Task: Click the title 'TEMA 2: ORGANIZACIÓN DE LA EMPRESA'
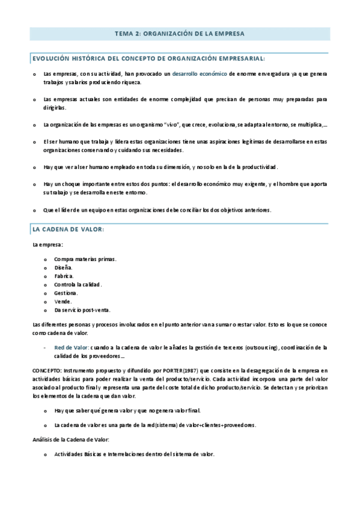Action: click(180, 34)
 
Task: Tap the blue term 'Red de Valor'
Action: click(71, 348)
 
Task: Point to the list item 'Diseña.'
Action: click(63, 268)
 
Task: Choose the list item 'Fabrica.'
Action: click(64, 276)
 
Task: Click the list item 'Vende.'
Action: click(63, 301)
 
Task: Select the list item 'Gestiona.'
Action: click(66, 293)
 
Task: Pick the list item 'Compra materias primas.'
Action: click(85, 259)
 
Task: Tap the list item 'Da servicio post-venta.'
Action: click(82, 310)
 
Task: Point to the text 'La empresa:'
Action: click(47, 245)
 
